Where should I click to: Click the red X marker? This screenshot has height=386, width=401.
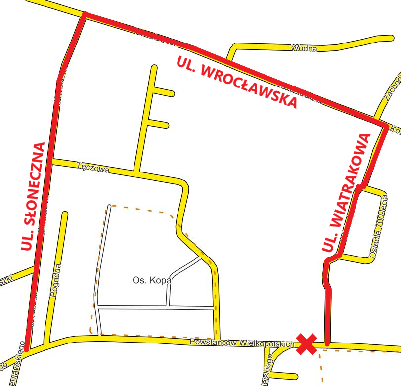[307, 344]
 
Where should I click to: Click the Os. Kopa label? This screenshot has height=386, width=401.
[152, 280]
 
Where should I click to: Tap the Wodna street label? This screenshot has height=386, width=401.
[304, 48]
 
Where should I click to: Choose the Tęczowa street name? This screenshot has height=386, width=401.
[93, 168]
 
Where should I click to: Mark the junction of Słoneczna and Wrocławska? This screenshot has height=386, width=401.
[84, 15]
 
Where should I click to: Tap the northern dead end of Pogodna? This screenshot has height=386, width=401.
[64, 214]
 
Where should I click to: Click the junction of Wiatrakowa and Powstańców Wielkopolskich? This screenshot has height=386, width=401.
[327, 343]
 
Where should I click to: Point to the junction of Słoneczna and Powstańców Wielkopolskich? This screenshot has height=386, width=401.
[27, 349]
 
